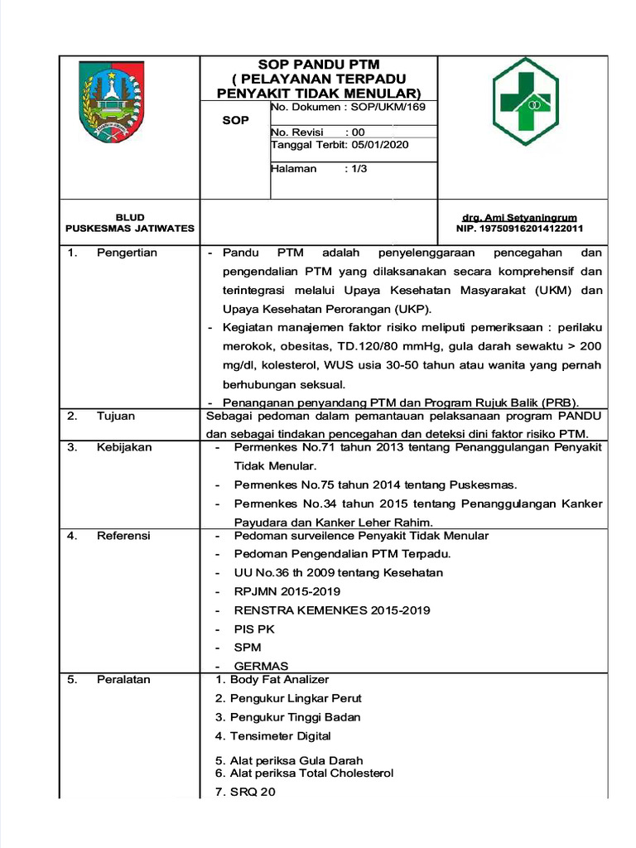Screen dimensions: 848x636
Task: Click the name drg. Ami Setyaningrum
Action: [x=519, y=217]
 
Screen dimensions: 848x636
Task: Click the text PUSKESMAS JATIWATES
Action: [x=130, y=229]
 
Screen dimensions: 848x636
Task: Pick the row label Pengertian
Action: [x=127, y=253]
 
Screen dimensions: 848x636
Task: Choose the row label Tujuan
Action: [x=116, y=416]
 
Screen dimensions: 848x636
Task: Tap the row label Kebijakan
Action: [x=124, y=447]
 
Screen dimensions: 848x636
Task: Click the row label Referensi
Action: [x=123, y=536]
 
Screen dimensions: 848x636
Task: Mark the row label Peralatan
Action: [x=123, y=679]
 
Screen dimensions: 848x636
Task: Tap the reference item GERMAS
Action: [x=261, y=666]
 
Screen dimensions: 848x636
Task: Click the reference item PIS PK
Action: [x=253, y=629]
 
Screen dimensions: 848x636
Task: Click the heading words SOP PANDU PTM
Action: [x=319, y=65]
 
